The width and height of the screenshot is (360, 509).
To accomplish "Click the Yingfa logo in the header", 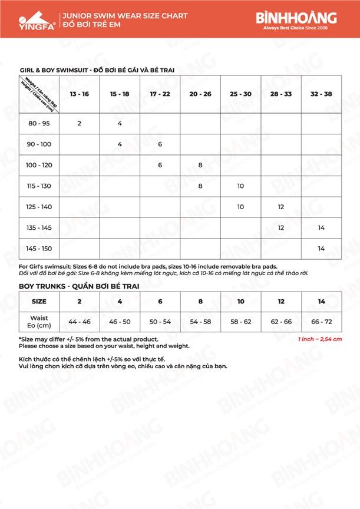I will tap(30, 19).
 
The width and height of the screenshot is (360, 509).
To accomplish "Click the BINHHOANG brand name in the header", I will tap(296, 17).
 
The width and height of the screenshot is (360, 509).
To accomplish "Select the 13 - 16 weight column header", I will tap(79, 94).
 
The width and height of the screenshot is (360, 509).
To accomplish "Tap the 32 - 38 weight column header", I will tap(321, 94).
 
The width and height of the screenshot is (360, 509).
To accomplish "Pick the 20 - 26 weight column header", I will tap(200, 94).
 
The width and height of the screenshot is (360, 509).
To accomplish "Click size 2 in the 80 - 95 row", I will tap(79, 124).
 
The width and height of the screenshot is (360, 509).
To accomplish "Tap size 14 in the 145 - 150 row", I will tap(321, 249).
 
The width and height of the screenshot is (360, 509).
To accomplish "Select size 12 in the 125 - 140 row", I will tap(281, 207).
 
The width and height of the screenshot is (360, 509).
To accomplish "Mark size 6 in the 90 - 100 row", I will tap(160, 144).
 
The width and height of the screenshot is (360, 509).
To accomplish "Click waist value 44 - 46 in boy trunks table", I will tap(79, 322).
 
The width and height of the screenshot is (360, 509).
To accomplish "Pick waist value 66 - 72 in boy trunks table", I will tap(321, 322).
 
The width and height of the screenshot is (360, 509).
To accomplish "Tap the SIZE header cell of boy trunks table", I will tap(39, 301).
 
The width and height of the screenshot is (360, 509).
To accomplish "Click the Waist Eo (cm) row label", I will tap(39, 322).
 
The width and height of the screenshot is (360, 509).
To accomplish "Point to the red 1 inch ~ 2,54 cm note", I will tap(320, 339).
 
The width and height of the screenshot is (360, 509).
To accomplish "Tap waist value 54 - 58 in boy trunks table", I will tap(200, 322).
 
